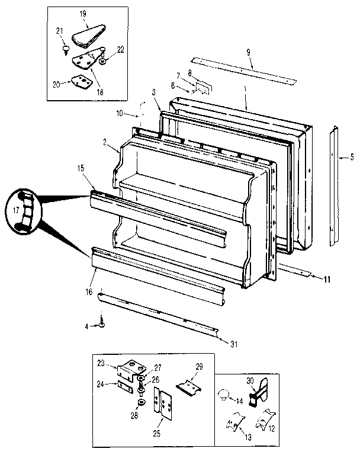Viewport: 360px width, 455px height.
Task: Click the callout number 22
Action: (120, 49)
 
